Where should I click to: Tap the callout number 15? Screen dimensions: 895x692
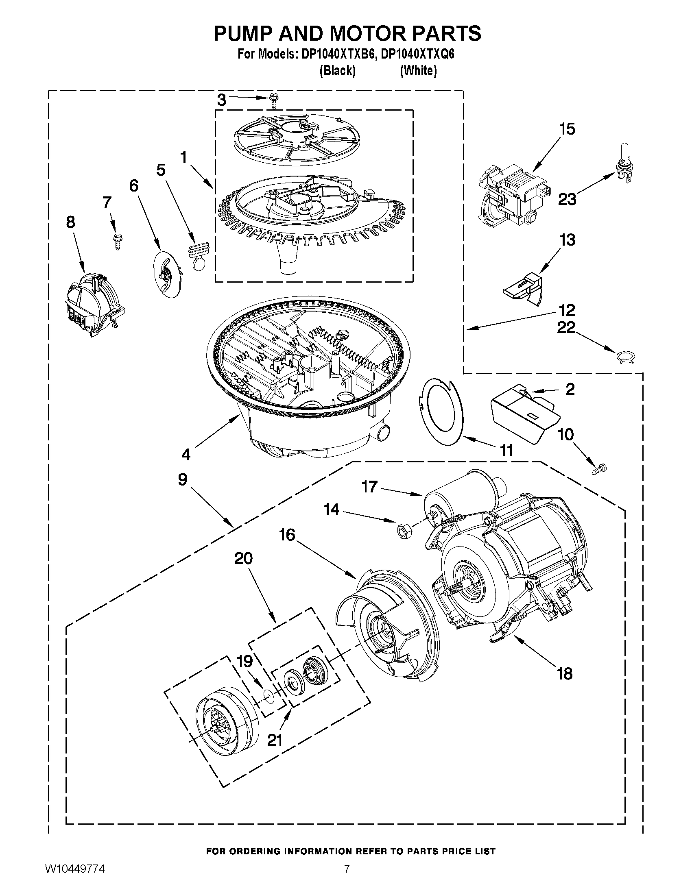568,129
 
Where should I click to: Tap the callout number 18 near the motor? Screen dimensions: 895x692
565,673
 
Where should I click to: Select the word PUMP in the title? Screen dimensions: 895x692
243,34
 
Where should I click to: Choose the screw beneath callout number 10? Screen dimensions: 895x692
600,468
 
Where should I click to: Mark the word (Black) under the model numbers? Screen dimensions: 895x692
337,71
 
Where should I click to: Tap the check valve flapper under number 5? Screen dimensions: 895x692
199,256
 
